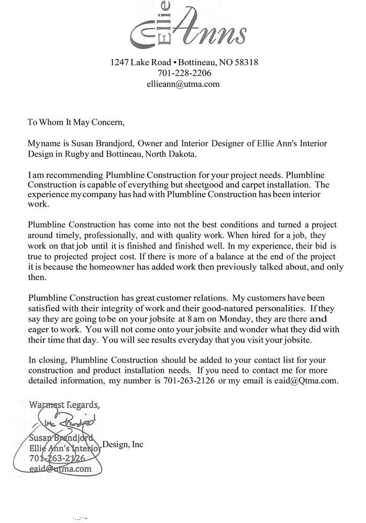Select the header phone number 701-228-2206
pyautogui.click(x=183, y=73)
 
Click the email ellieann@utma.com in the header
pyautogui.click(x=184, y=83)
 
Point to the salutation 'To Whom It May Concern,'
pyautogui.click(x=76, y=123)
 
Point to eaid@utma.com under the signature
pyautogui.click(x=60, y=469)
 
